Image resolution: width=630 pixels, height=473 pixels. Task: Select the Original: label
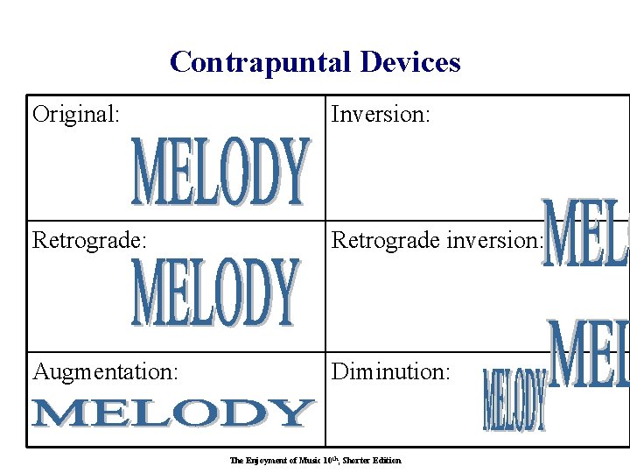coord(76,114)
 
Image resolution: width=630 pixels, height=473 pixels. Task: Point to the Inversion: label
coord(380,114)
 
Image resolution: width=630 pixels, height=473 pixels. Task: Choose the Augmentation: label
coord(106,371)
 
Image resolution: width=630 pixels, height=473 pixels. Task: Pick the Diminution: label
coord(391,371)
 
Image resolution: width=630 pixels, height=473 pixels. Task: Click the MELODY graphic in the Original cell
coord(220,171)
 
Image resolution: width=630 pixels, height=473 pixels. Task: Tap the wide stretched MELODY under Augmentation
coord(172,413)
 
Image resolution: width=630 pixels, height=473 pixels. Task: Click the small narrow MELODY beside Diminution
coord(514,399)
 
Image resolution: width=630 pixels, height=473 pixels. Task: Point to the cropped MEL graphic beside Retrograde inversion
coord(584,234)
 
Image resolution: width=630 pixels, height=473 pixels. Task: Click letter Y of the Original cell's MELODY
coord(294,171)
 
